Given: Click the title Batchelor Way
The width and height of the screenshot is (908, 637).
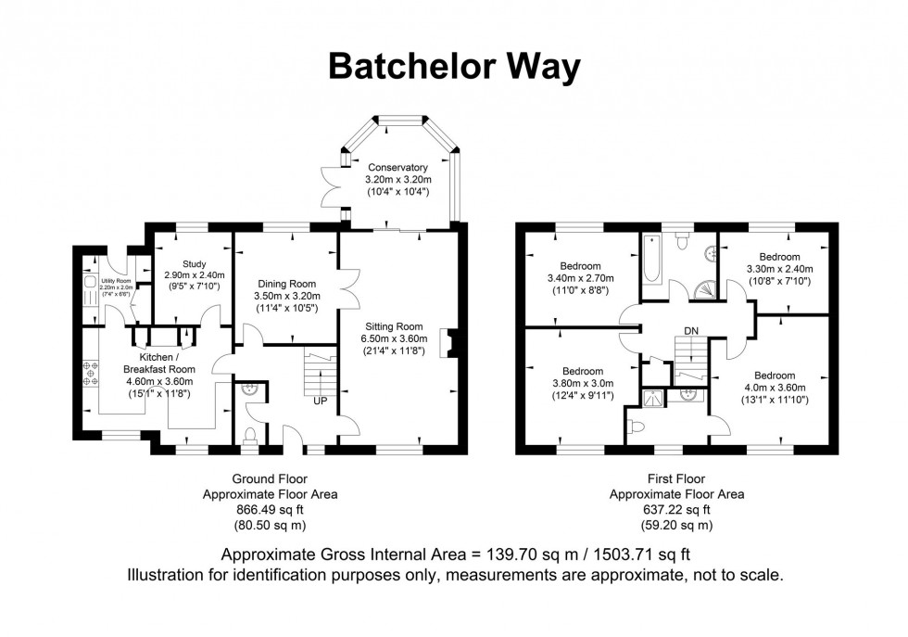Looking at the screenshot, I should (454, 67).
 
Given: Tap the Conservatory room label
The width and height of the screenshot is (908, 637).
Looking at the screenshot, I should (396, 168).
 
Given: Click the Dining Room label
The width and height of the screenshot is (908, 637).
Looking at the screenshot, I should (285, 284).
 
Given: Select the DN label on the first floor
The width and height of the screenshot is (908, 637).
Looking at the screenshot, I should (691, 330).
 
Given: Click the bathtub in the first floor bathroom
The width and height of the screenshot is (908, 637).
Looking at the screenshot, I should (649, 261).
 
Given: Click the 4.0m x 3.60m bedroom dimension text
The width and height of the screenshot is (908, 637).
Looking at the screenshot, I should (774, 388).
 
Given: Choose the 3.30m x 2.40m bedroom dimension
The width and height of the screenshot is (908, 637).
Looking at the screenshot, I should (779, 269).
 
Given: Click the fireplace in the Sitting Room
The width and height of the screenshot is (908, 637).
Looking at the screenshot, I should (448, 342).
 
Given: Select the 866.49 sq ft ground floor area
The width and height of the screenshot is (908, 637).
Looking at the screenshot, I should (270, 509).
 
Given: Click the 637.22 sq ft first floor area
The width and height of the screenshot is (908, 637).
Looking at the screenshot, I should (675, 509).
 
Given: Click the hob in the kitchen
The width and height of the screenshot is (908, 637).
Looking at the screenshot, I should (91, 373).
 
